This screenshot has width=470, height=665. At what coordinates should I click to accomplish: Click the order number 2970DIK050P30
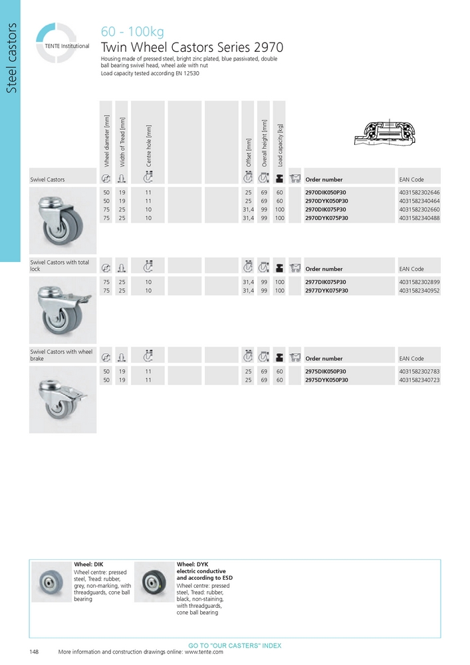click(325, 192)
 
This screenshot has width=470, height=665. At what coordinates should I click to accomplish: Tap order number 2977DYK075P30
click(325, 291)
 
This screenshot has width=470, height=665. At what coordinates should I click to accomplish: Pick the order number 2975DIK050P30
click(325, 371)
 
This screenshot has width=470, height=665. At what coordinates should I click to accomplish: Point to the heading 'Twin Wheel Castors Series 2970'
click(191, 48)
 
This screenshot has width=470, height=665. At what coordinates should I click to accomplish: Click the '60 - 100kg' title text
click(132, 32)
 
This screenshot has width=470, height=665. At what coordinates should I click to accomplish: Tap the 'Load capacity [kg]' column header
click(280, 144)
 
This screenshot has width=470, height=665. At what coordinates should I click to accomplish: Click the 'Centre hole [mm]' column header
click(149, 146)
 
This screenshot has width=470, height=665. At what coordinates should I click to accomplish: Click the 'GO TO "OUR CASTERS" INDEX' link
click(235, 646)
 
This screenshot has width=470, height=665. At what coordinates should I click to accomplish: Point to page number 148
click(35, 652)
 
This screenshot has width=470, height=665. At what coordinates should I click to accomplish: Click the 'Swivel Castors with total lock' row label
click(60, 265)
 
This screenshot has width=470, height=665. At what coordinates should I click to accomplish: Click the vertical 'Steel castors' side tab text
click(11, 66)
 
